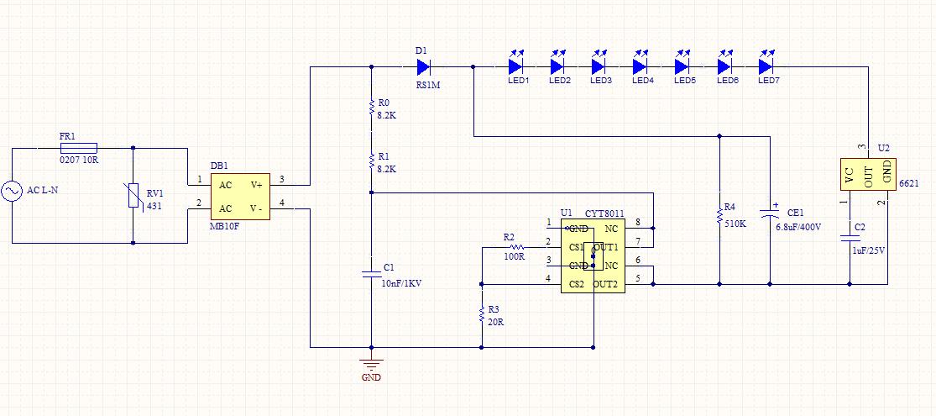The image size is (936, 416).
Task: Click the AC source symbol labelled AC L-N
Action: coord(14,192)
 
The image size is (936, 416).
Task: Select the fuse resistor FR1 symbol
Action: coord(78,147)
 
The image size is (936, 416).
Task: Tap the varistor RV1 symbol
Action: coord(133,196)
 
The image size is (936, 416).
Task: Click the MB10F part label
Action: coord(225,227)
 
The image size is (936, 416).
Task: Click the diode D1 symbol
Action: coord(423,66)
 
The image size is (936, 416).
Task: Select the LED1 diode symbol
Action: coord(516,65)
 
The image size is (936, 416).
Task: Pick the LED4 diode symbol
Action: coord(641,65)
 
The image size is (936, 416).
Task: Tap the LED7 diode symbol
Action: coord(766,65)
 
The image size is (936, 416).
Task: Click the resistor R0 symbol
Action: coord(371,106)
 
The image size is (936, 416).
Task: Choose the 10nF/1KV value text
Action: coord(401,283)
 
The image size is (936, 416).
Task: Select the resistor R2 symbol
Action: coord(514,247)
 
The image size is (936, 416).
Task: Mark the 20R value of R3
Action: coord(496,321)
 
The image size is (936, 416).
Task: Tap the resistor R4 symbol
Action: coord(720,216)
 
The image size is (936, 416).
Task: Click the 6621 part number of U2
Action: coord(908,183)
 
